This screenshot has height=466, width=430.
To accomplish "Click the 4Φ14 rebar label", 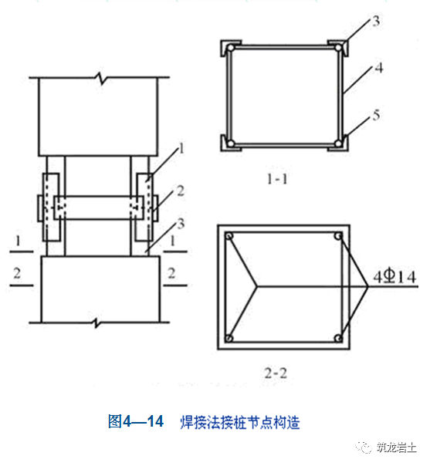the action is click(394, 277).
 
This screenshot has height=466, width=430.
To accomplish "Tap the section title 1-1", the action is click(277, 179).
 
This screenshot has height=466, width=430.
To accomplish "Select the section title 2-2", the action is click(276, 373).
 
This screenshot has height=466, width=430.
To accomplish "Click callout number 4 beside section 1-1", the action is click(378, 68).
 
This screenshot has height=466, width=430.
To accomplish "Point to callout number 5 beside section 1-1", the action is click(376, 115).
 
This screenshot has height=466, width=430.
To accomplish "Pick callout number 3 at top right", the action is click(376, 21).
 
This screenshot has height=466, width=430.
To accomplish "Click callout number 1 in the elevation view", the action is click(181, 148).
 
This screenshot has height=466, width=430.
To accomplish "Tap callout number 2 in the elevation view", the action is click(181, 191).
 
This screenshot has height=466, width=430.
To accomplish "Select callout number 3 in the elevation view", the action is click(181, 224).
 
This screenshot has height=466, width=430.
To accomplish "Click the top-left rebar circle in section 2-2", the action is click(229, 236).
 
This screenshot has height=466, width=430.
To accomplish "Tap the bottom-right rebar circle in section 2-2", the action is click(338, 338).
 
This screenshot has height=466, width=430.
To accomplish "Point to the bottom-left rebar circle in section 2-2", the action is click(229, 338).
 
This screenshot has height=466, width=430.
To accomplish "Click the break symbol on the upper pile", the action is click(101, 78).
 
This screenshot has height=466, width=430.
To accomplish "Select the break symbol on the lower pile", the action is click(96, 322).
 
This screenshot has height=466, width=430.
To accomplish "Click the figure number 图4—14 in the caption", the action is click(136, 421).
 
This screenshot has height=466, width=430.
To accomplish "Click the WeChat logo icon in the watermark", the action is click(364, 447).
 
